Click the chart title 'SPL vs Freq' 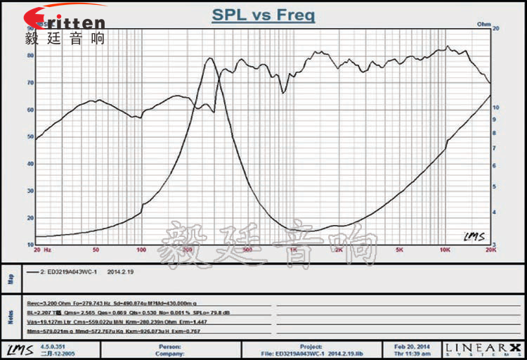point(263,15)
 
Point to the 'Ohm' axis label point(483,24)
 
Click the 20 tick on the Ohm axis point(496,29)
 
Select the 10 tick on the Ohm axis point(496,107)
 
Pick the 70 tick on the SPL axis point(30,82)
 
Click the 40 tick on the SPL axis point(30,163)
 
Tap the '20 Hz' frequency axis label point(43,250)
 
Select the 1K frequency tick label point(293,250)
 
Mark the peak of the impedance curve point(209,58)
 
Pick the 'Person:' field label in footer point(167,346)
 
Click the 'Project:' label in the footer point(311,346)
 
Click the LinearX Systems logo point(484,349)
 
